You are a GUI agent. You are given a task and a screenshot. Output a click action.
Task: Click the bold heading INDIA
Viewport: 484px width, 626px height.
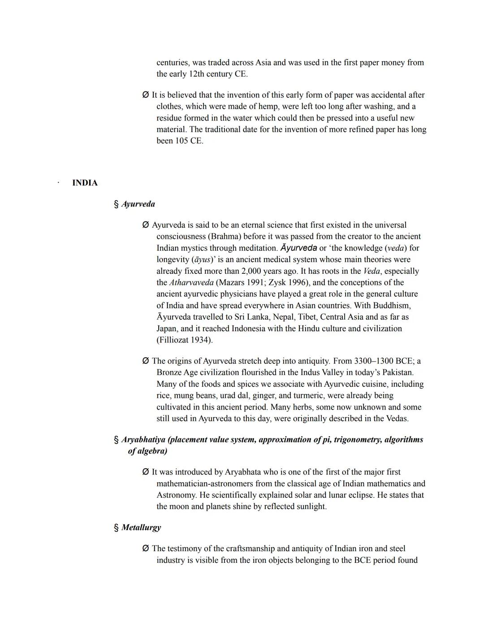pos(85,183)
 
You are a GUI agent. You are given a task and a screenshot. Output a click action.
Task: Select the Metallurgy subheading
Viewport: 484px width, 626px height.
pos(141,527)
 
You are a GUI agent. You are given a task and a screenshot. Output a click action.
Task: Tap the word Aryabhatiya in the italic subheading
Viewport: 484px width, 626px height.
pos(143,440)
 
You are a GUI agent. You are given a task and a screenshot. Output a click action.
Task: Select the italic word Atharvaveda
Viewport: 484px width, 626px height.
pos(191,282)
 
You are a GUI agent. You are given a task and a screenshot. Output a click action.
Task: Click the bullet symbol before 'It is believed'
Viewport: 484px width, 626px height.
pos(145,95)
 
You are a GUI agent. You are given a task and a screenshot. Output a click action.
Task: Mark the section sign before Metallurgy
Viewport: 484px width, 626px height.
pos(117,527)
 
